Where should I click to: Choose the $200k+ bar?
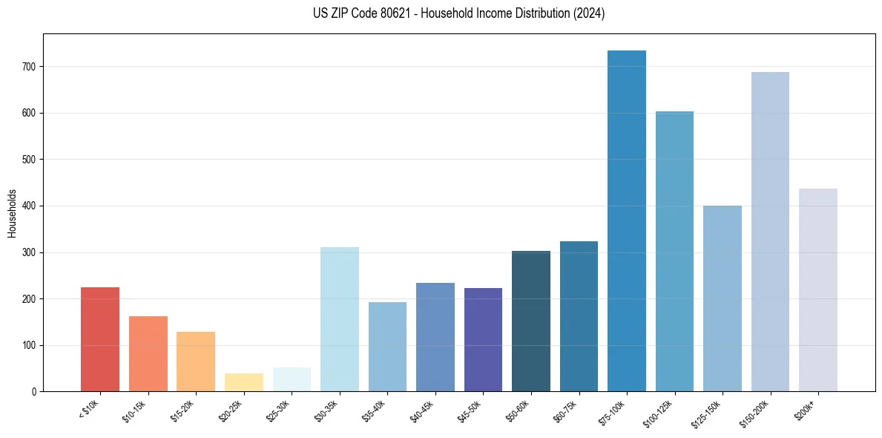coord(817,290)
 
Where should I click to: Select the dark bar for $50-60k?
coord(530,321)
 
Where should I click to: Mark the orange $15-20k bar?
coord(196,362)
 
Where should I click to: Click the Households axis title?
coord(12,213)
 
